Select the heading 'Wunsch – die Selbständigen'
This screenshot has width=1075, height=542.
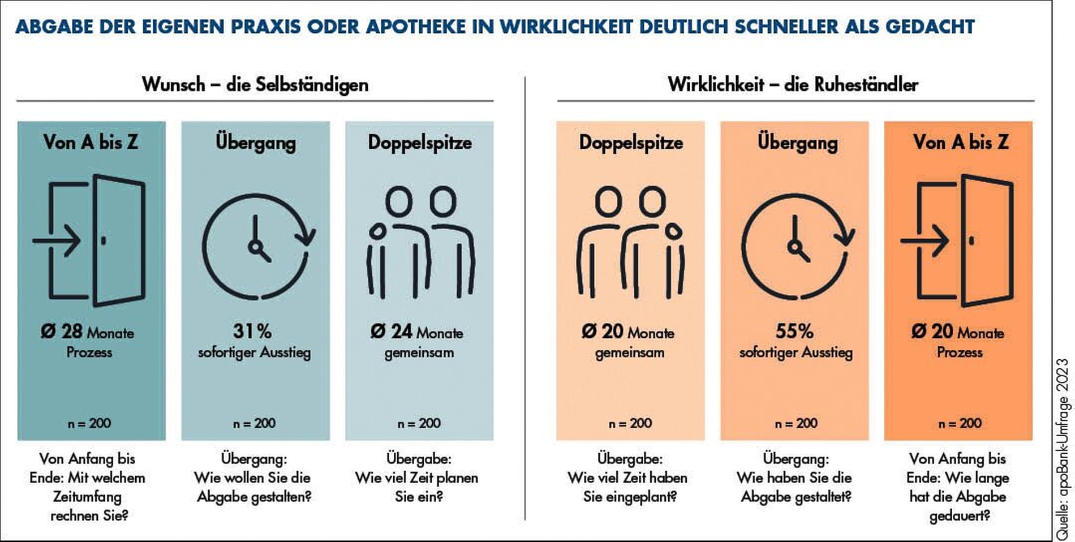[255, 84]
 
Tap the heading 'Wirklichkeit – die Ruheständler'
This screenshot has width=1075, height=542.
[793, 84]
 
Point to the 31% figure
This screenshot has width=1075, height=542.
[252, 332]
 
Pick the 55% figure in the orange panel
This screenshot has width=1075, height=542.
[794, 332]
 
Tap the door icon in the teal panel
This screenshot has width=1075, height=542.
[91, 240]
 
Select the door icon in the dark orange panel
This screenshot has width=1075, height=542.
[958, 240]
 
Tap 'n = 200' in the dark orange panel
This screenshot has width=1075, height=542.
[960, 423]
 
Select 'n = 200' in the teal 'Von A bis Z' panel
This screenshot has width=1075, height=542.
[89, 423]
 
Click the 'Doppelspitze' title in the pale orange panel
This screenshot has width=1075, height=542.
[631, 142]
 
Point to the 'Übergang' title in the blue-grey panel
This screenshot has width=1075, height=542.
[256, 142]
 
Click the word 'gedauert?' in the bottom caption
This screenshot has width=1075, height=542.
[960, 516]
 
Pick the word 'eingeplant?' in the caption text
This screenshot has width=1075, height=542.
[644, 497]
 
